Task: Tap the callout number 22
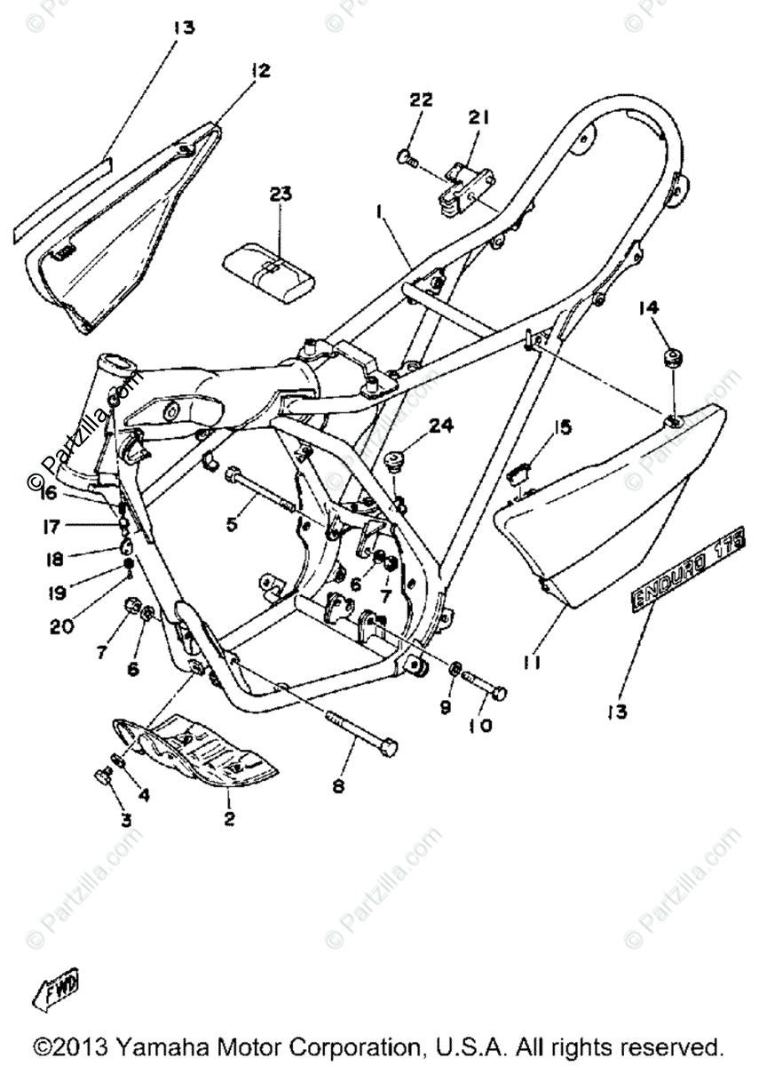click(x=420, y=100)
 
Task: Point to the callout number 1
click(x=379, y=214)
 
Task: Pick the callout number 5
click(x=232, y=524)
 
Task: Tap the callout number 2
click(x=229, y=819)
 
